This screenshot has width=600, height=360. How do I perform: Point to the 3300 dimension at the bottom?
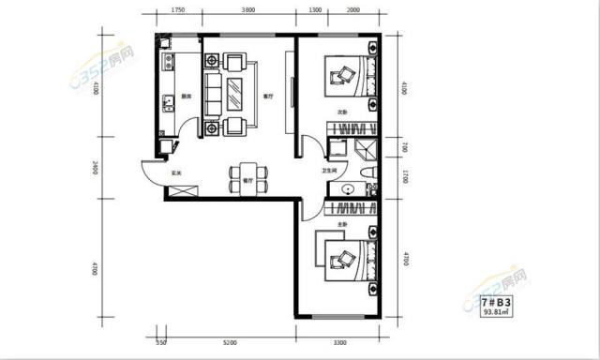point(340,344)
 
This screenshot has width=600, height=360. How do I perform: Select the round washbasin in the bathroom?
point(349,188)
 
